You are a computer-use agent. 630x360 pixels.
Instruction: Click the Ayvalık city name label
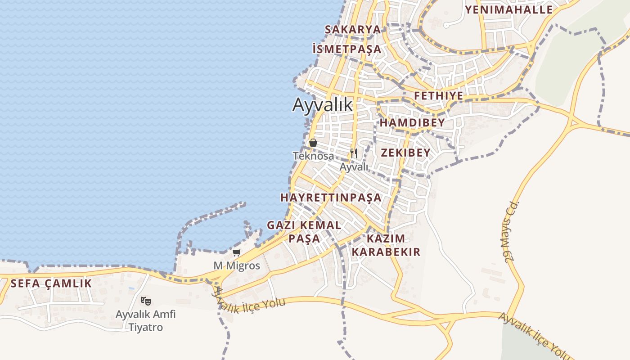(x=323, y=104)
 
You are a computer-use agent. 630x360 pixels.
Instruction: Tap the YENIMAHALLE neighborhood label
(x=509, y=10)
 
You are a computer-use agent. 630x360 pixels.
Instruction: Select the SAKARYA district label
(x=353, y=30)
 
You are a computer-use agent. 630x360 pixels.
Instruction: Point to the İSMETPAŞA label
(x=346, y=49)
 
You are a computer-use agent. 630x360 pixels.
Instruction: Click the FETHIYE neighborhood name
(x=439, y=96)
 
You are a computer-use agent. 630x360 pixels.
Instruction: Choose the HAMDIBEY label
(x=412, y=123)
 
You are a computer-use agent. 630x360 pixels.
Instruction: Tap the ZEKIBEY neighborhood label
(x=406, y=153)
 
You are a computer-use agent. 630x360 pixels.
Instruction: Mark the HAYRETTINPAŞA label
(x=331, y=198)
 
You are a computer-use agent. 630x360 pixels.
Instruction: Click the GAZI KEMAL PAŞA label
(x=304, y=231)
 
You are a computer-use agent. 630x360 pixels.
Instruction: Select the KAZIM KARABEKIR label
(x=386, y=245)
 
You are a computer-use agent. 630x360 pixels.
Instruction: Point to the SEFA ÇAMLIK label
(x=51, y=283)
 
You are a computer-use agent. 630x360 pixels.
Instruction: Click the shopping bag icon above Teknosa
(x=313, y=143)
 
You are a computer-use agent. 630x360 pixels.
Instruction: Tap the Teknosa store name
(x=313, y=156)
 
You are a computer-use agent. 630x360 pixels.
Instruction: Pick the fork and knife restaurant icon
(x=354, y=153)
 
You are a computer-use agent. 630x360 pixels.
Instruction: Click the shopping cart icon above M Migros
(x=237, y=253)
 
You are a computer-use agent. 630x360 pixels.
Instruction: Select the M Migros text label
(x=237, y=265)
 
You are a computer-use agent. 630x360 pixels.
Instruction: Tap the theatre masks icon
(x=145, y=301)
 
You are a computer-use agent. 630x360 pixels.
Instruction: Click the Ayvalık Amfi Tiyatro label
(x=146, y=320)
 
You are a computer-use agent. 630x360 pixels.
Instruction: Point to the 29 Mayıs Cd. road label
(x=509, y=232)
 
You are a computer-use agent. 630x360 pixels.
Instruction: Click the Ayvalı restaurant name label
(x=354, y=167)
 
